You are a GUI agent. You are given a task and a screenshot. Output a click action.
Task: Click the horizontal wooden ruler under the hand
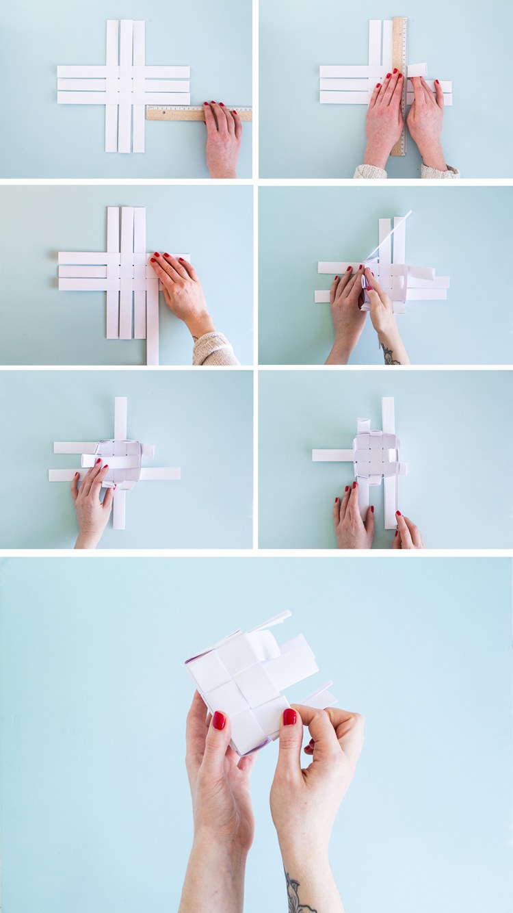point(174,114)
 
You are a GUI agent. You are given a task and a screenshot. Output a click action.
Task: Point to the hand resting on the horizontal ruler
point(223,137)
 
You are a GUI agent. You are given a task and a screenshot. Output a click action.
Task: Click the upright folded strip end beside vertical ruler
point(417,70)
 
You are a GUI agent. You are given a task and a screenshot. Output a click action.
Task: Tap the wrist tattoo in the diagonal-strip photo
point(390,355)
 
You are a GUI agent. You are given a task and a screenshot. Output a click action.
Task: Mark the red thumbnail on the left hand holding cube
point(219,720)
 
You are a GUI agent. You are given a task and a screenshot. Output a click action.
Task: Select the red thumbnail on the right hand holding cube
point(290,716)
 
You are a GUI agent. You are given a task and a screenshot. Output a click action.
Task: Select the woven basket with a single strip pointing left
point(376,455)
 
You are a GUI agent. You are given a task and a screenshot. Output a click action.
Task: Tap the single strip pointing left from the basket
point(332,455)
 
